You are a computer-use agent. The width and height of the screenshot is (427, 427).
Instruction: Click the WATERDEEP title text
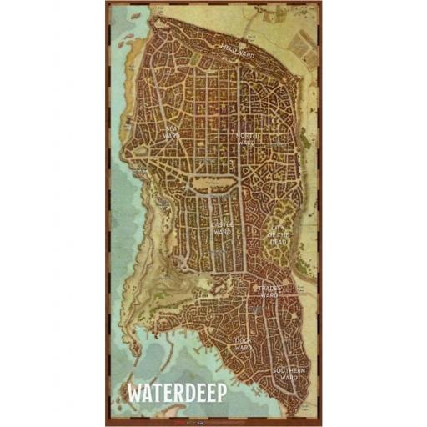pyautogui.click(x=176, y=392)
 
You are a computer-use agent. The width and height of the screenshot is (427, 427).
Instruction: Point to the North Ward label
pyautogui.click(x=248, y=138)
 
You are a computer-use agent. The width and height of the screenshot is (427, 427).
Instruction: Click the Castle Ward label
pyautogui.click(x=222, y=229)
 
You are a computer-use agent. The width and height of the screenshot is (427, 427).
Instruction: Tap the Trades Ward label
pyautogui.click(x=269, y=291)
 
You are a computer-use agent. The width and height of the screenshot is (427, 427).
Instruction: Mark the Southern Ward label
pyautogui.click(x=289, y=373)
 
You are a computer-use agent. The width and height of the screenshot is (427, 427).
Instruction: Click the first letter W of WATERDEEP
pyautogui.click(x=133, y=392)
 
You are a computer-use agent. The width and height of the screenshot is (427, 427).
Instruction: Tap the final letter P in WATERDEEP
pyautogui.click(x=221, y=392)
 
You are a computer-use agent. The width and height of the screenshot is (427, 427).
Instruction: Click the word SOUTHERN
pyautogui.click(x=289, y=369)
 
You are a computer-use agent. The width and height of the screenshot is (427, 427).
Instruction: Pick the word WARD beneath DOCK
pyautogui.click(x=243, y=349)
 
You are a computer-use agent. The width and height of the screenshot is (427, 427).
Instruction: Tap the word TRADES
pyautogui.click(x=269, y=288)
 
